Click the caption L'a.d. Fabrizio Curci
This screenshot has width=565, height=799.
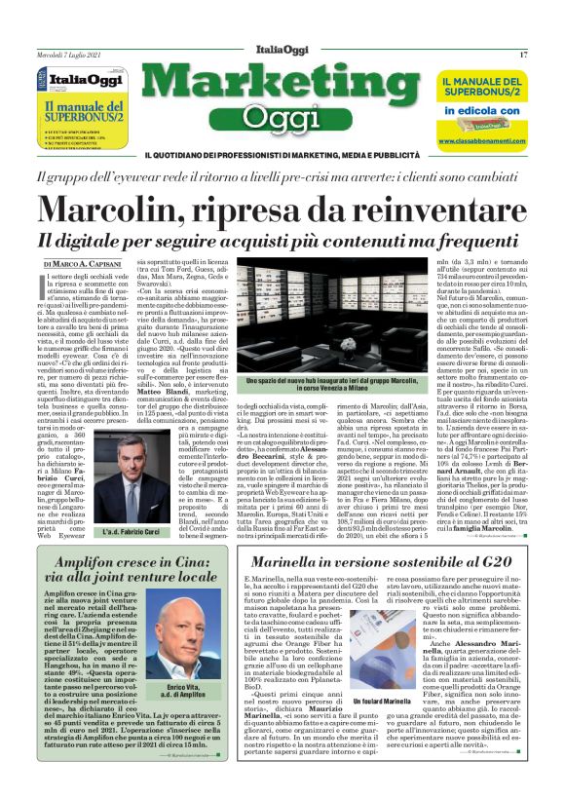tap(121, 532)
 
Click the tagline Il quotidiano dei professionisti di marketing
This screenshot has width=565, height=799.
tap(282, 156)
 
